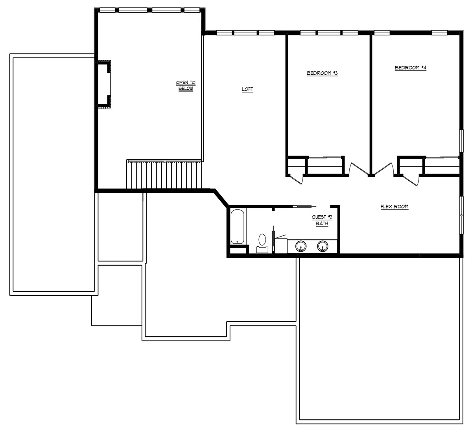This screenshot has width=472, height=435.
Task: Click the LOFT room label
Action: coord(247,89)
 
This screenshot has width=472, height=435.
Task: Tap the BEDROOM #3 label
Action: coord(322,73)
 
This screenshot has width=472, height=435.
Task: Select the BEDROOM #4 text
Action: coord(411,68)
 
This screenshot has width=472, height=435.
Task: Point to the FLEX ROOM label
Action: coord(395,207)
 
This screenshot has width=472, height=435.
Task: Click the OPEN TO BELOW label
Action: coord(186,85)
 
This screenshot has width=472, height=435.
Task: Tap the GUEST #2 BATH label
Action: coord(322,220)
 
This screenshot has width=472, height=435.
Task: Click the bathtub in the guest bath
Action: coord(237,227)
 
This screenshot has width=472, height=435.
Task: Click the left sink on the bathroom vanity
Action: coord(301,246)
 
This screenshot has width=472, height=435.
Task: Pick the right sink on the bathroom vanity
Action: coord(323,246)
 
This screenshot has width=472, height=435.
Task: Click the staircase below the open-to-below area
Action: coord(164,174)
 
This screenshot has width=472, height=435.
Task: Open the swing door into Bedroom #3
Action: coord(358,169)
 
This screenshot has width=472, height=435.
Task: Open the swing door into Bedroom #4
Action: coord(384,169)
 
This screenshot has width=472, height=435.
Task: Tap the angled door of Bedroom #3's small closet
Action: coord(296,179)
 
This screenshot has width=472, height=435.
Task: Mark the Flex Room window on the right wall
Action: coord(461,215)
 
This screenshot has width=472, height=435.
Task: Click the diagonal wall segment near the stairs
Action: coord(221,198)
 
